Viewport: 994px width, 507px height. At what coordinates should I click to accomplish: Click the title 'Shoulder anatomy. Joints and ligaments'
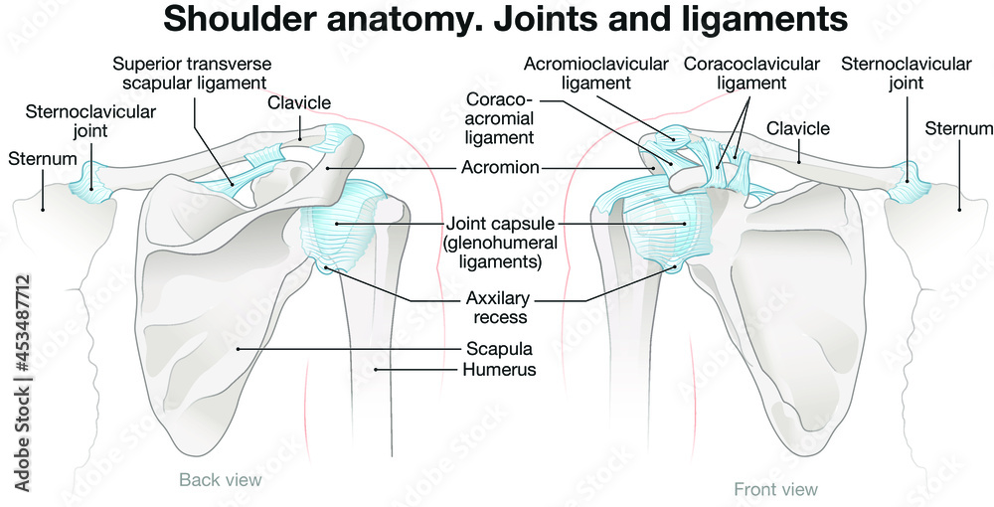505,20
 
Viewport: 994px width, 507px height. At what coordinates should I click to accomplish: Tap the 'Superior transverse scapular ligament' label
191,74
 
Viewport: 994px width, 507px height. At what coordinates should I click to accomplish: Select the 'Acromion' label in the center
501,168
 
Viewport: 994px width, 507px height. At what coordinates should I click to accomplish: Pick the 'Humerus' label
501,369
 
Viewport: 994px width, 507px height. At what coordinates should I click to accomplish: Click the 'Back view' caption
220,480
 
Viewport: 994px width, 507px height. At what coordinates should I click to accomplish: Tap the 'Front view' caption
775,489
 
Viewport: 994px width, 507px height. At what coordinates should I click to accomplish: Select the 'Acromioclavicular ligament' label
596,74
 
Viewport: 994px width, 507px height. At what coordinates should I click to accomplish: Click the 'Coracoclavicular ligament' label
751,74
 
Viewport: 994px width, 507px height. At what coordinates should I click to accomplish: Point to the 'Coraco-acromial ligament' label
500,119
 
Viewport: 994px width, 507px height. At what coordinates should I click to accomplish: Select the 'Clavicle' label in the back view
299,102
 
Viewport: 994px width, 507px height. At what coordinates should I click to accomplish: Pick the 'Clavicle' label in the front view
797,128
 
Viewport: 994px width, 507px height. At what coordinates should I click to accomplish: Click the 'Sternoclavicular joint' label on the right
906,74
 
